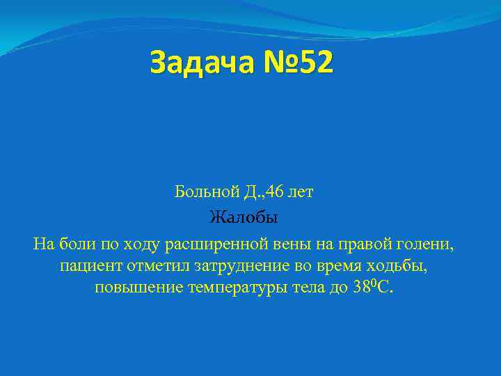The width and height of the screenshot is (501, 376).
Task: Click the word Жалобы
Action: pyautogui.click(x=244, y=218)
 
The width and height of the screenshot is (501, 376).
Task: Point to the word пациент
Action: pyautogui.click(x=86, y=267)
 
